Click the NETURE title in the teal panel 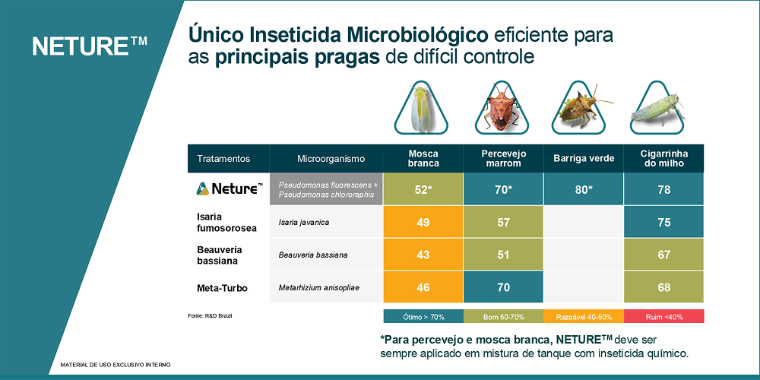point(90,46)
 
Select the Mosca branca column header point(423,158)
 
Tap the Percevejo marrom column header point(503,158)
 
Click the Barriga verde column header point(583,159)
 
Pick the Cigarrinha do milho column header point(663,158)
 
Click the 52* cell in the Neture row point(423,189)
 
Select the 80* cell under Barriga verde point(583,189)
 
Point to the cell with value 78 point(663,189)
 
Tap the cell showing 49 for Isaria point(423,222)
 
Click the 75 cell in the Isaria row point(663,222)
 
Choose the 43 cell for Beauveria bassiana point(423,255)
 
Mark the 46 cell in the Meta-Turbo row point(423,287)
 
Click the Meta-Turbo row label point(222,288)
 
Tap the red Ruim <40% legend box point(663,315)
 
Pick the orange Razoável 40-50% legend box point(583,315)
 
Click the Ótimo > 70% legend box point(423,315)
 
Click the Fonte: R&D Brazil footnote point(210,315)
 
